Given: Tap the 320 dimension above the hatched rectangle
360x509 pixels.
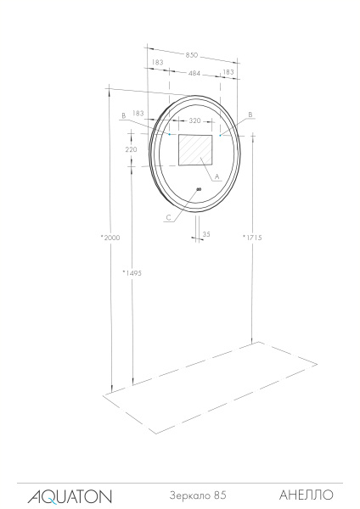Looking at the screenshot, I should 194,121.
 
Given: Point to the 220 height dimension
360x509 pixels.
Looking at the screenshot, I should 131,148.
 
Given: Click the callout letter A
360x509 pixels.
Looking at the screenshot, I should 217,176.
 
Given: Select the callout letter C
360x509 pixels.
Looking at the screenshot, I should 169,218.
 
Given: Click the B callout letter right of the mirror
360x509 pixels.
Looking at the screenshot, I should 250,114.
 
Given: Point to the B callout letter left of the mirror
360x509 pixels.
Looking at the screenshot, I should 124,115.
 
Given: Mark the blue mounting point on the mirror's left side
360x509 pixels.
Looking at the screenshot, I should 170,134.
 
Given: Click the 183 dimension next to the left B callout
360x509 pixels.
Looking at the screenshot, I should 139,114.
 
